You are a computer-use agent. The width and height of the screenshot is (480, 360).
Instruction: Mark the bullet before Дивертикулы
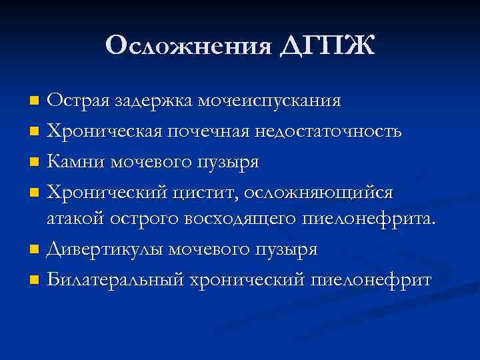[x=35, y=251]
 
